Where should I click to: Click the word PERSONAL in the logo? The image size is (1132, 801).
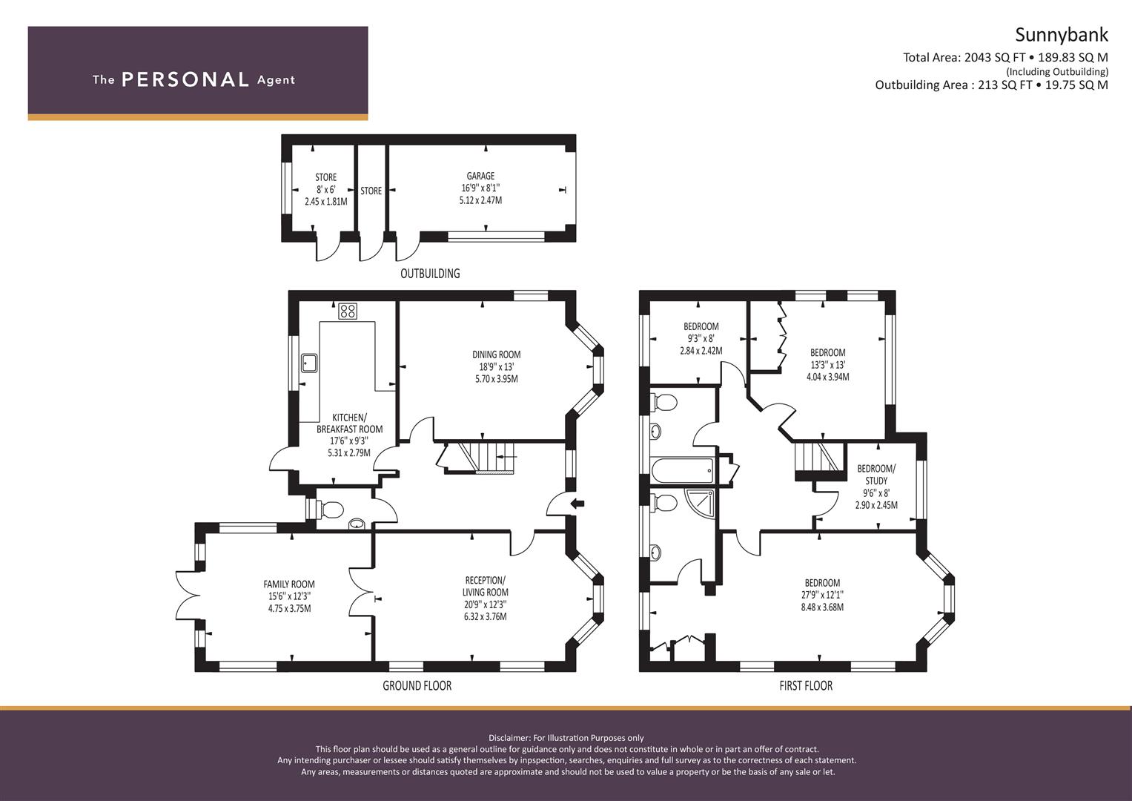pos(185,79)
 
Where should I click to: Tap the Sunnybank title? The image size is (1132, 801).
pos(1061,35)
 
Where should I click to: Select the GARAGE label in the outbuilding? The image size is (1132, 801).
pos(480,176)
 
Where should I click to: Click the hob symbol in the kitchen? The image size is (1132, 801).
pos(348,311)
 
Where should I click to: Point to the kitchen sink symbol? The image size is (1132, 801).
pos(309,363)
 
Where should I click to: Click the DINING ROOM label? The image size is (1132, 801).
pos(496,355)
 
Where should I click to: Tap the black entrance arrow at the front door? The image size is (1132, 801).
pos(577,504)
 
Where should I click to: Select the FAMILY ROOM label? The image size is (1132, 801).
pos(289,584)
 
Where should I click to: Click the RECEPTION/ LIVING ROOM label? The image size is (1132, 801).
pos(486,586)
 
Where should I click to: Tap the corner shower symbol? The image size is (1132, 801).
pos(701,502)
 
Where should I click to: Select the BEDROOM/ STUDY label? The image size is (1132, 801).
pos(876,475)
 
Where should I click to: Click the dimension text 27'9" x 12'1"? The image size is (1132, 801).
pos(822,595)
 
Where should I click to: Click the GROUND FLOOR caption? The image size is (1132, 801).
pos(417,686)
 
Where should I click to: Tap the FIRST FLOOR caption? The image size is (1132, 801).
pos(805,686)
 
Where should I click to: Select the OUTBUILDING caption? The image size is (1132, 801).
pos(430,274)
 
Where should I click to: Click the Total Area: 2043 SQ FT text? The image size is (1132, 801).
pos(964,57)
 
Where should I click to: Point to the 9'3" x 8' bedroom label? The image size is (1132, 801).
pos(701,338)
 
